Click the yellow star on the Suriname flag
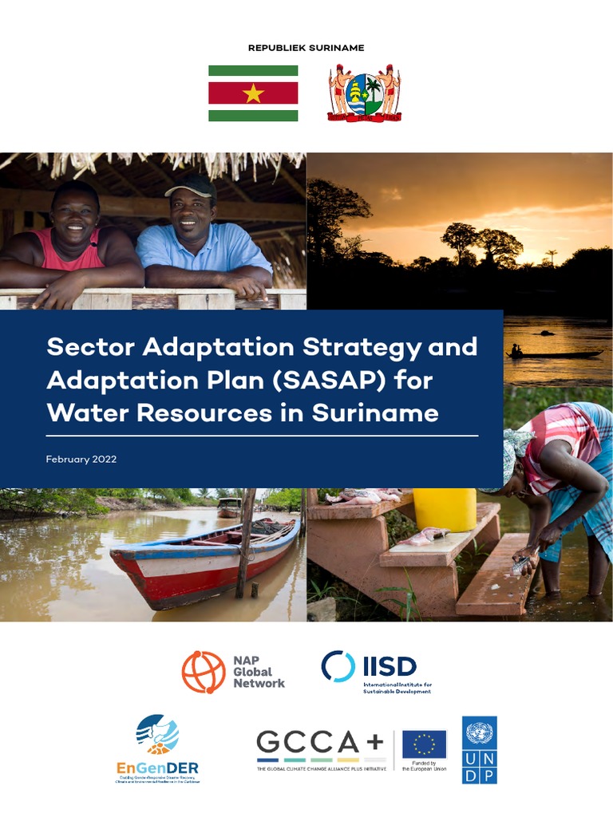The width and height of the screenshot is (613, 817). click(253, 93)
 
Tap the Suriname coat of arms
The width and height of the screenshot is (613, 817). click(364, 93)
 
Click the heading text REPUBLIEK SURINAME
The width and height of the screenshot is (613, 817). click(306, 48)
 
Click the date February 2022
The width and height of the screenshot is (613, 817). click(81, 460)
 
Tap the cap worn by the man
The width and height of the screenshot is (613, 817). click(191, 187)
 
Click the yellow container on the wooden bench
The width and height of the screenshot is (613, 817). click(445, 509)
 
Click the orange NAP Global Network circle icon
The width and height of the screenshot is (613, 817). click(204, 672)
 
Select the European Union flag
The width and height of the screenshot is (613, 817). click(424, 744)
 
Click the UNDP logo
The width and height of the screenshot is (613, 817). click(479, 749)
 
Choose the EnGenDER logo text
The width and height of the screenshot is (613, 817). click(157, 768)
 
